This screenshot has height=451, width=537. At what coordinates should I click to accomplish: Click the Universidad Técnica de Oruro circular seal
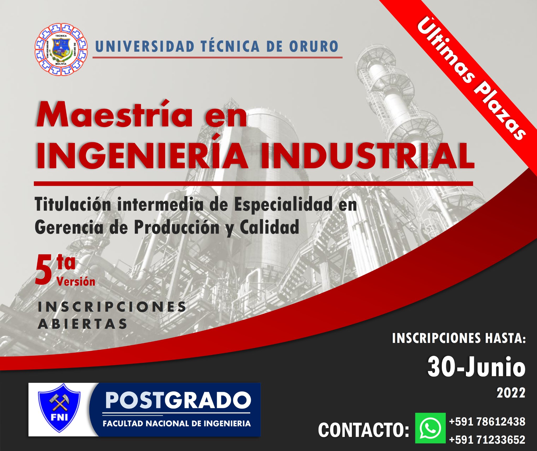pyautogui.click(x=61, y=49)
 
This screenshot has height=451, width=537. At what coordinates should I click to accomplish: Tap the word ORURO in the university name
pyautogui.click(x=314, y=46)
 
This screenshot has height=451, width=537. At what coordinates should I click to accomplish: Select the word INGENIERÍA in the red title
pyautogui.click(x=141, y=155)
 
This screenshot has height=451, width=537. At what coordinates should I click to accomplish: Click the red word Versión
pyautogui.click(x=76, y=282)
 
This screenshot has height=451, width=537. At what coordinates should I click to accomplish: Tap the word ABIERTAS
pyautogui.click(x=83, y=324)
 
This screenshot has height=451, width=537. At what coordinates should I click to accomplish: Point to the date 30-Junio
pyautogui.click(x=476, y=367)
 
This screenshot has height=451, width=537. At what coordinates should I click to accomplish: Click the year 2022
pyautogui.click(x=511, y=393)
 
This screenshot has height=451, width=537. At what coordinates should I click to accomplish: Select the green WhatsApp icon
pyautogui.click(x=430, y=428)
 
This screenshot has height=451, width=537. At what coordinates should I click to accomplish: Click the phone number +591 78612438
pyautogui.click(x=487, y=422)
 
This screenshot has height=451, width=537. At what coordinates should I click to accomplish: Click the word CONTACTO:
pyautogui.click(x=363, y=430)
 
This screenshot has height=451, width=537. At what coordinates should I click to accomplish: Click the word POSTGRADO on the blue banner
pyautogui.click(x=178, y=400)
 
